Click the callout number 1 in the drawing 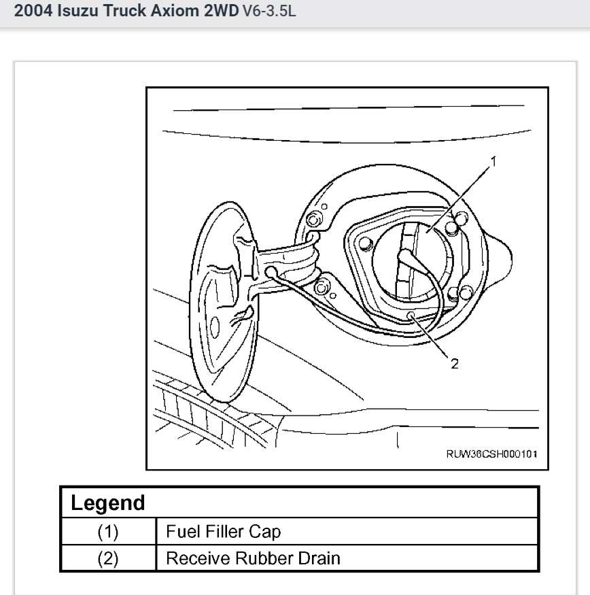tap(493, 162)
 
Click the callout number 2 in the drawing tap(454, 362)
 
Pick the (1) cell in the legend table tap(109, 531)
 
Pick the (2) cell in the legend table tap(109, 558)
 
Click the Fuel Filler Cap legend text tap(224, 531)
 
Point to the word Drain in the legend tap(318, 558)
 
